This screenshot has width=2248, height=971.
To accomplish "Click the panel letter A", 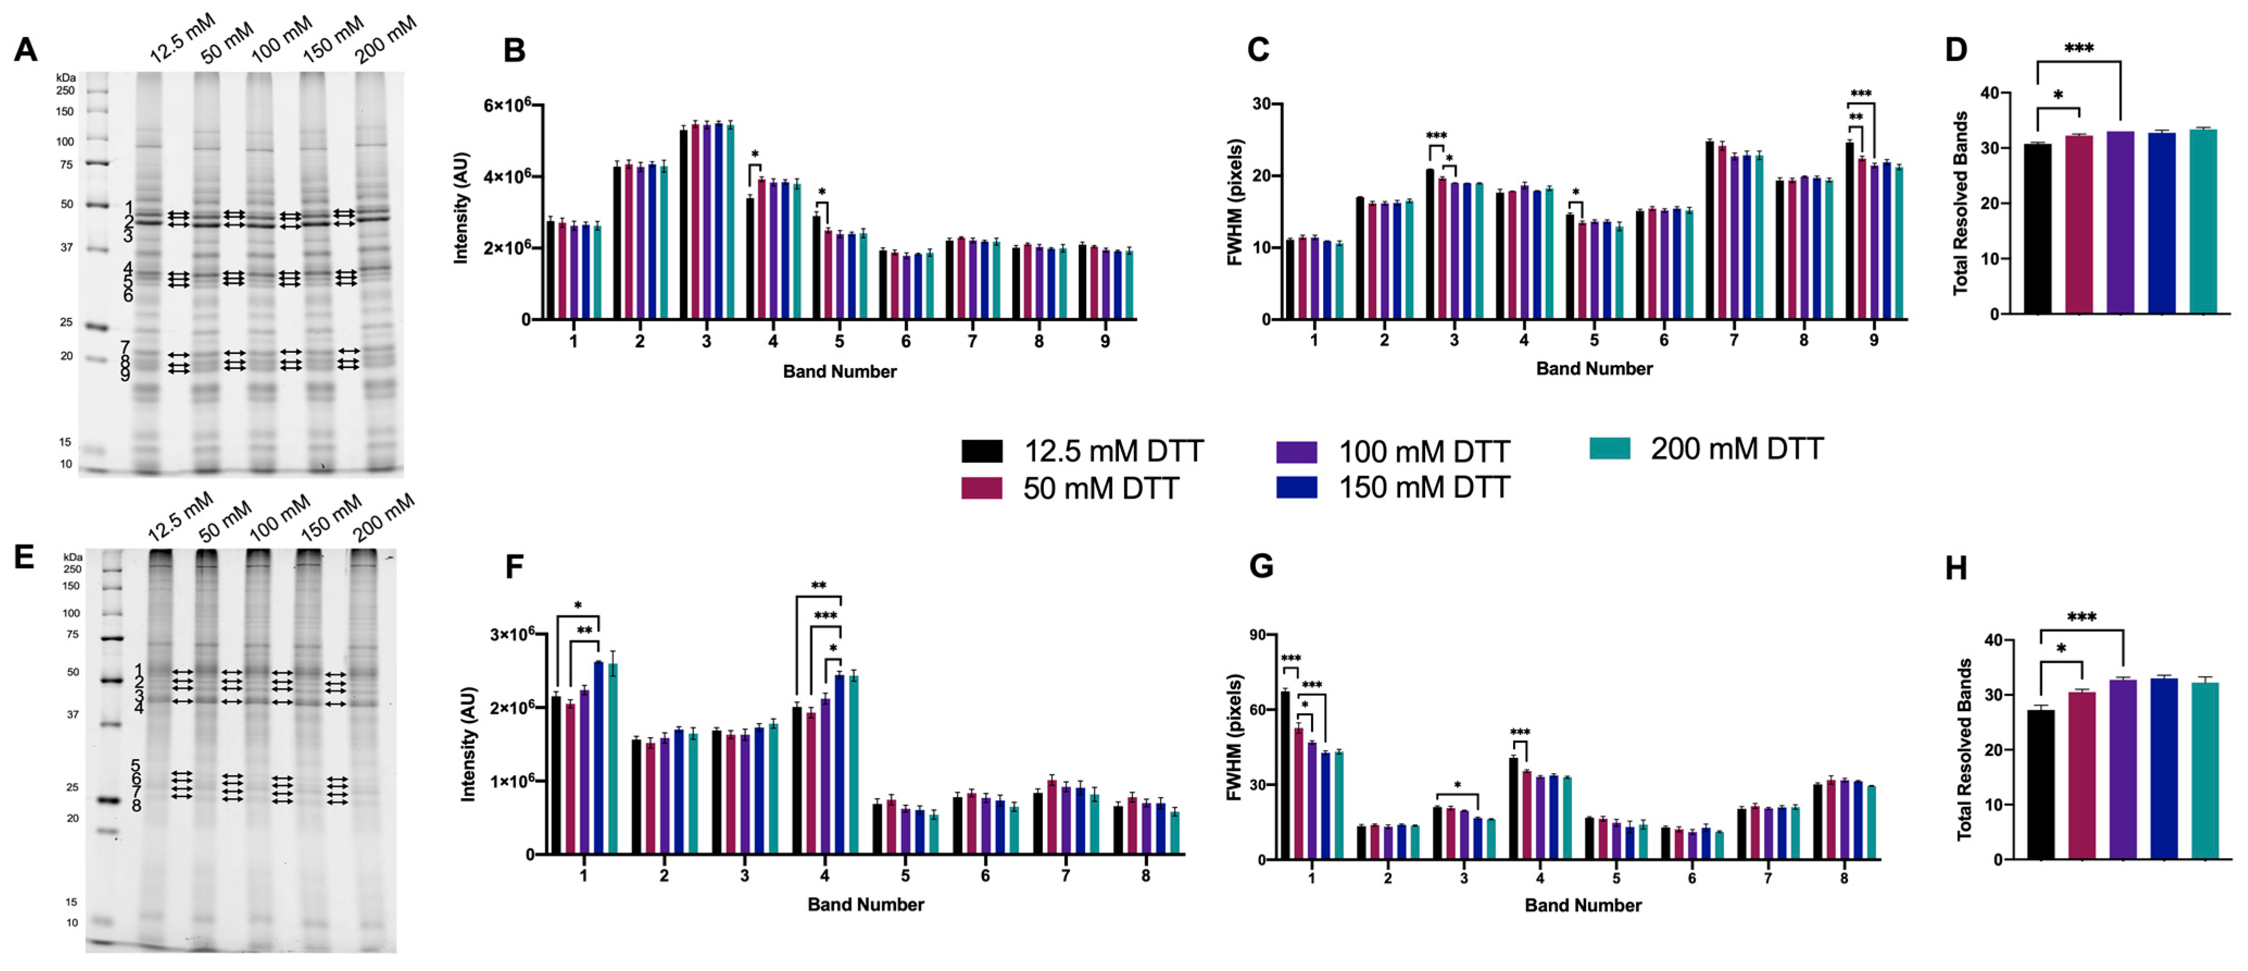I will click(x=26, y=50).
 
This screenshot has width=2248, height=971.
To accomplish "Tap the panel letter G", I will click(x=1261, y=567).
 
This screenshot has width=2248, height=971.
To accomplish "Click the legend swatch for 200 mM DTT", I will click(x=1609, y=449).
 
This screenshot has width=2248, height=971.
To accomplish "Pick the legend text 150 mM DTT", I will click(x=1424, y=487).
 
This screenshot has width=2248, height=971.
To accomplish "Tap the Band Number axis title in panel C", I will click(x=1594, y=369).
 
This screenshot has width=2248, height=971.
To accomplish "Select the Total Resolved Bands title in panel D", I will click(x=1961, y=203).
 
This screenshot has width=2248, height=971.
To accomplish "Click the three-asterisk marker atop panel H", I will click(x=2081, y=618).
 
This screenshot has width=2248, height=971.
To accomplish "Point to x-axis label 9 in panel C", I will click(x=1874, y=340).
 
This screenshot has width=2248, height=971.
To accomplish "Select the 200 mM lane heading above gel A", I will click(x=386, y=39).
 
